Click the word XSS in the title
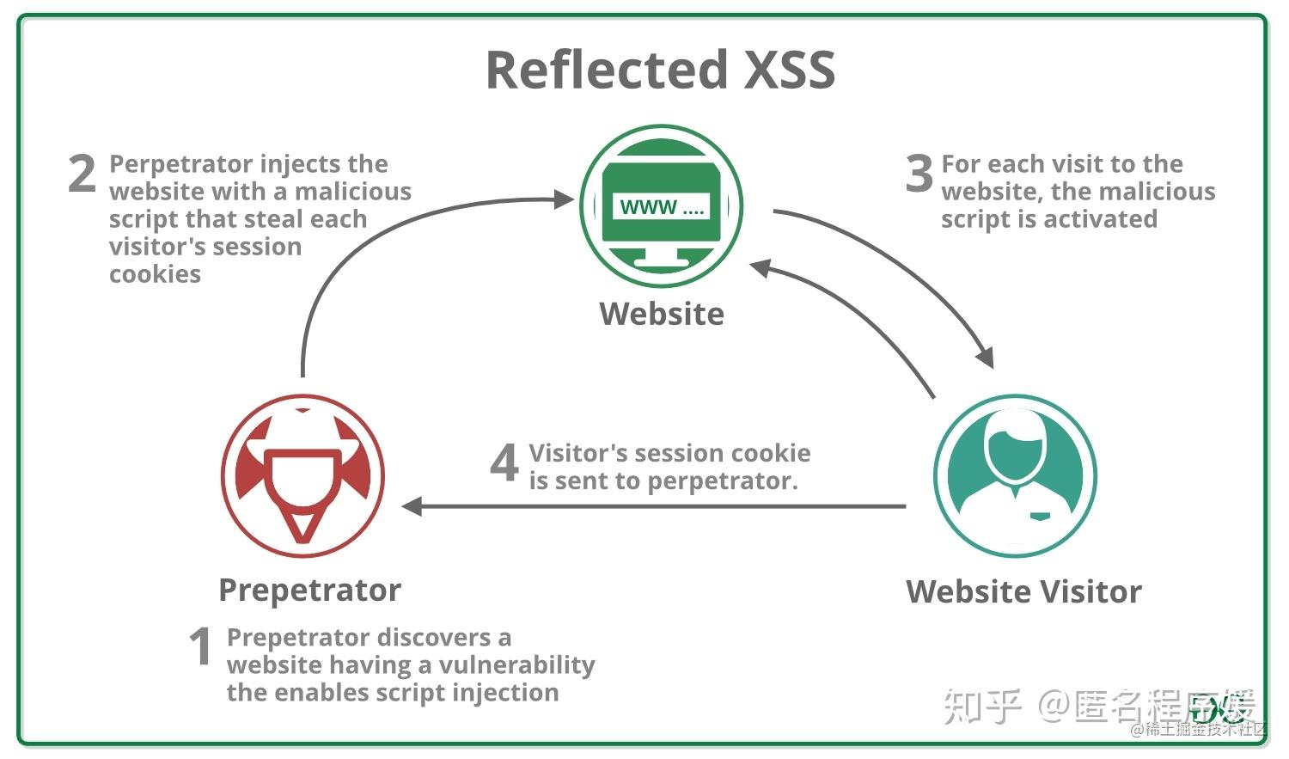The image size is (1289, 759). coord(789,70)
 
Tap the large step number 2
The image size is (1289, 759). coord(82,174)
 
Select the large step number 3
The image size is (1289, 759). coord(919,174)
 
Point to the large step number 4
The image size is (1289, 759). coord(504,463)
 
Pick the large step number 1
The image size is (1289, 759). coord(200,646)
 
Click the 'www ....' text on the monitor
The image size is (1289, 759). coord(662,207)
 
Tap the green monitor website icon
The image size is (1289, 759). coord(662,206)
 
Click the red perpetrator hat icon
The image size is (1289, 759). coord(302,476)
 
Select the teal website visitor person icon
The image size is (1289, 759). coord(1015,476)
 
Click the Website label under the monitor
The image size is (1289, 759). coord(662,314)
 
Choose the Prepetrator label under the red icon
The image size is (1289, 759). coord(309,591)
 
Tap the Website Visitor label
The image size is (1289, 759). coord(1023,592)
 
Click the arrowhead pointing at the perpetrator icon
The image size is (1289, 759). coord(412,506)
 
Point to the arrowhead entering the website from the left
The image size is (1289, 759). coord(564,199)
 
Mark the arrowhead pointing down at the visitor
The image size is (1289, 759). coord(986,358)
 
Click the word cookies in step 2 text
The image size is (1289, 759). coord(155,274)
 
